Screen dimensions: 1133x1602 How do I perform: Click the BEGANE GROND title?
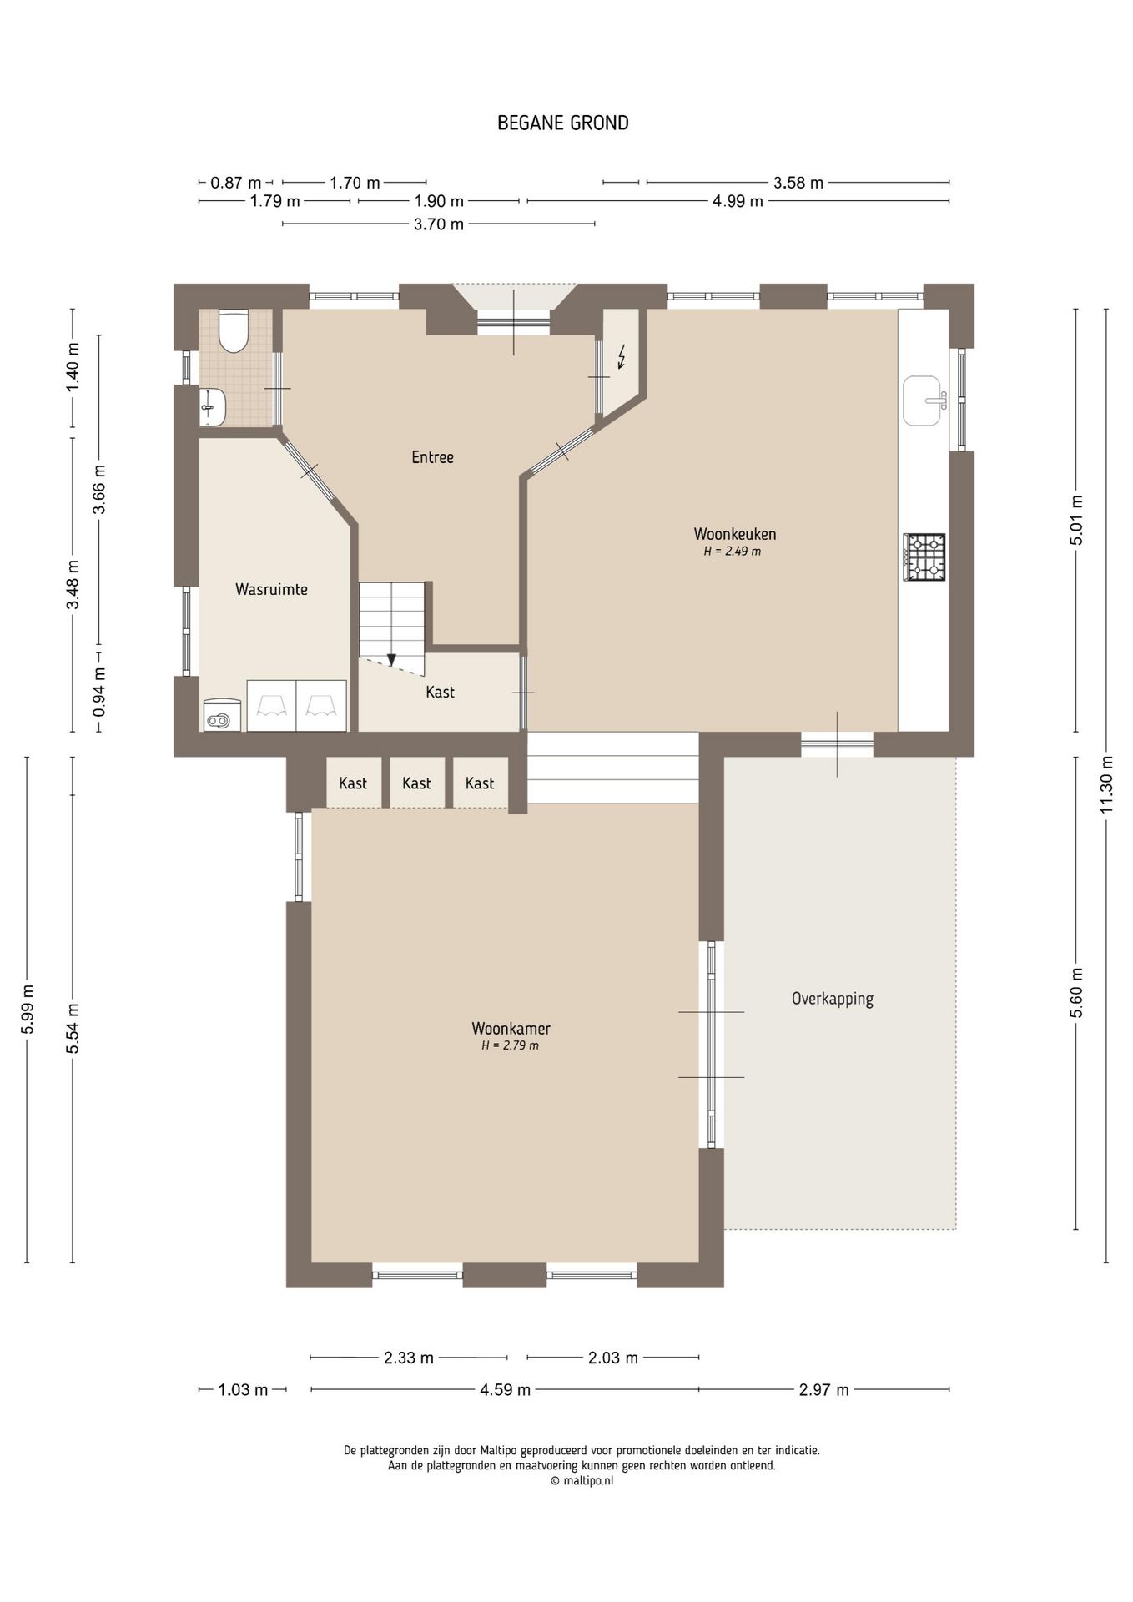[x=562, y=123]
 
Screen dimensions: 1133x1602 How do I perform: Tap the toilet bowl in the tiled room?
[x=233, y=331]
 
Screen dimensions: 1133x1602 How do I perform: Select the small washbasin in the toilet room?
[x=212, y=407]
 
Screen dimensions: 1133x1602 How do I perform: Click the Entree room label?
[x=432, y=457]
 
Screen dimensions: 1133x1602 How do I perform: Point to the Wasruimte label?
[x=271, y=590]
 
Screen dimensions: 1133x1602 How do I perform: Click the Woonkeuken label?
[x=735, y=534]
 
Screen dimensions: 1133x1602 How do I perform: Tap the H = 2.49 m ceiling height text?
[x=732, y=552]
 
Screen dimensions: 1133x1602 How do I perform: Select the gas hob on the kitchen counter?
[x=924, y=557]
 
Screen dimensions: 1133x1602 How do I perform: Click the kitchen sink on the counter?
[x=924, y=400]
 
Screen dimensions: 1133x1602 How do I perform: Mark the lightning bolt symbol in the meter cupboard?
[x=622, y=357]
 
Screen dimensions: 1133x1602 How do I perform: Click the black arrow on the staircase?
[x=391, y=659]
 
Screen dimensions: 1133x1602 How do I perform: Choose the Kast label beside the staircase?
[x=440, y=692]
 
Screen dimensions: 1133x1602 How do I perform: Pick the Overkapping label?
[x=833, y=999]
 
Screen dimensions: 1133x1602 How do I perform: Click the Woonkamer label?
[x=511, y=1029]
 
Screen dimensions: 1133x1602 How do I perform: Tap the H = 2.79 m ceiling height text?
[x=510, y=1046]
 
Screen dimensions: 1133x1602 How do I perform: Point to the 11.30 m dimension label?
[x=1106, y=784]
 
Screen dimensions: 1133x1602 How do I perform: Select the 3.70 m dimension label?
[x=439, y=224]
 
